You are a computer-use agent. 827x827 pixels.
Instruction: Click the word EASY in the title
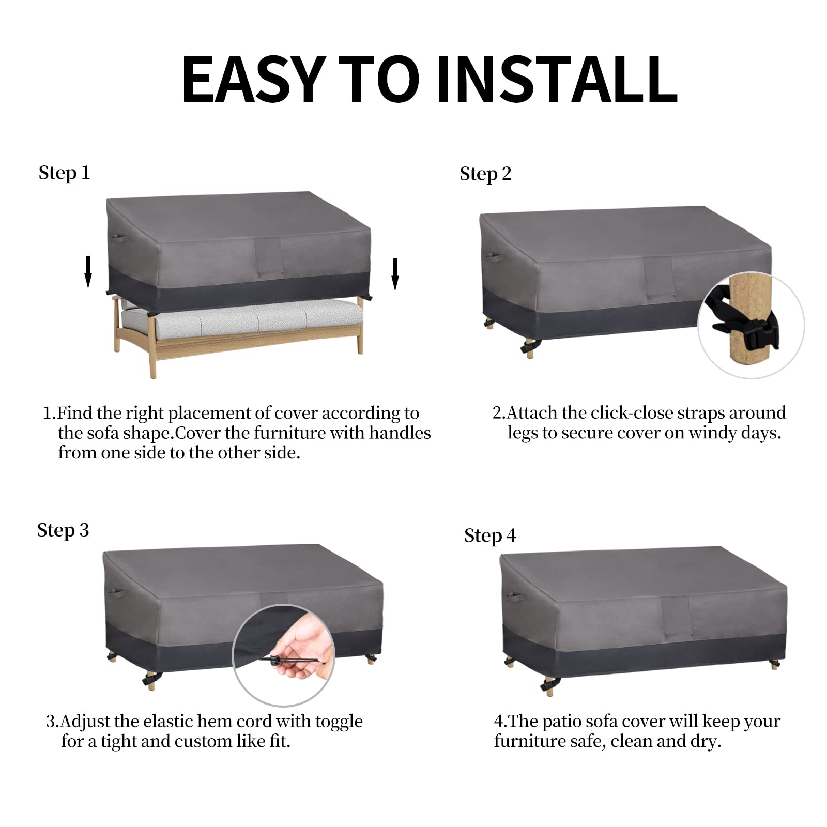tap(254, 79)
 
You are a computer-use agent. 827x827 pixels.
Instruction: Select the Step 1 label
tap(64, 173)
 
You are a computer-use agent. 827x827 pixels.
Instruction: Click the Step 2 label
tap(485, 174)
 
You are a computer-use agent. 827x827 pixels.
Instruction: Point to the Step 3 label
tap(63, 531)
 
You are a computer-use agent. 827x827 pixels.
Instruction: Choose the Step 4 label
tap(490, 536)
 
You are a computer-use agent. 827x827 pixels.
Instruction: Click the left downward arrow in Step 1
tap(88, 272)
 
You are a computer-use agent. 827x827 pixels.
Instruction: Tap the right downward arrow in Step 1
tap(395, 274)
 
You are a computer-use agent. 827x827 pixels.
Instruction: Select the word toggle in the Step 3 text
tap(339, 722)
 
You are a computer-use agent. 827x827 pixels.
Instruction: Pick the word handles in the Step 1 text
tap(400, 433)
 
